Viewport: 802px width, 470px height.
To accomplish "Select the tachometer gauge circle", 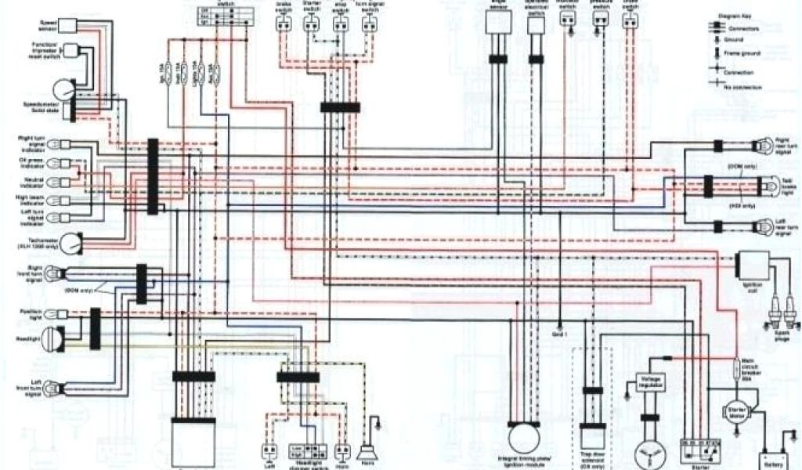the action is point(71,244).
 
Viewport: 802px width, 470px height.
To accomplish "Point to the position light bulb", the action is point(51,315).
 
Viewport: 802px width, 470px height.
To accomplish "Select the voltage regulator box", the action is point(649,383).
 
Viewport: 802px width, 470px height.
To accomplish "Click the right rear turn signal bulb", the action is point(760,145).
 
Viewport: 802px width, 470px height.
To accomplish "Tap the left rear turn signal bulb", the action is point(760,227).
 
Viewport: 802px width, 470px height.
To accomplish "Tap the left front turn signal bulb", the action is point(52,385).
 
